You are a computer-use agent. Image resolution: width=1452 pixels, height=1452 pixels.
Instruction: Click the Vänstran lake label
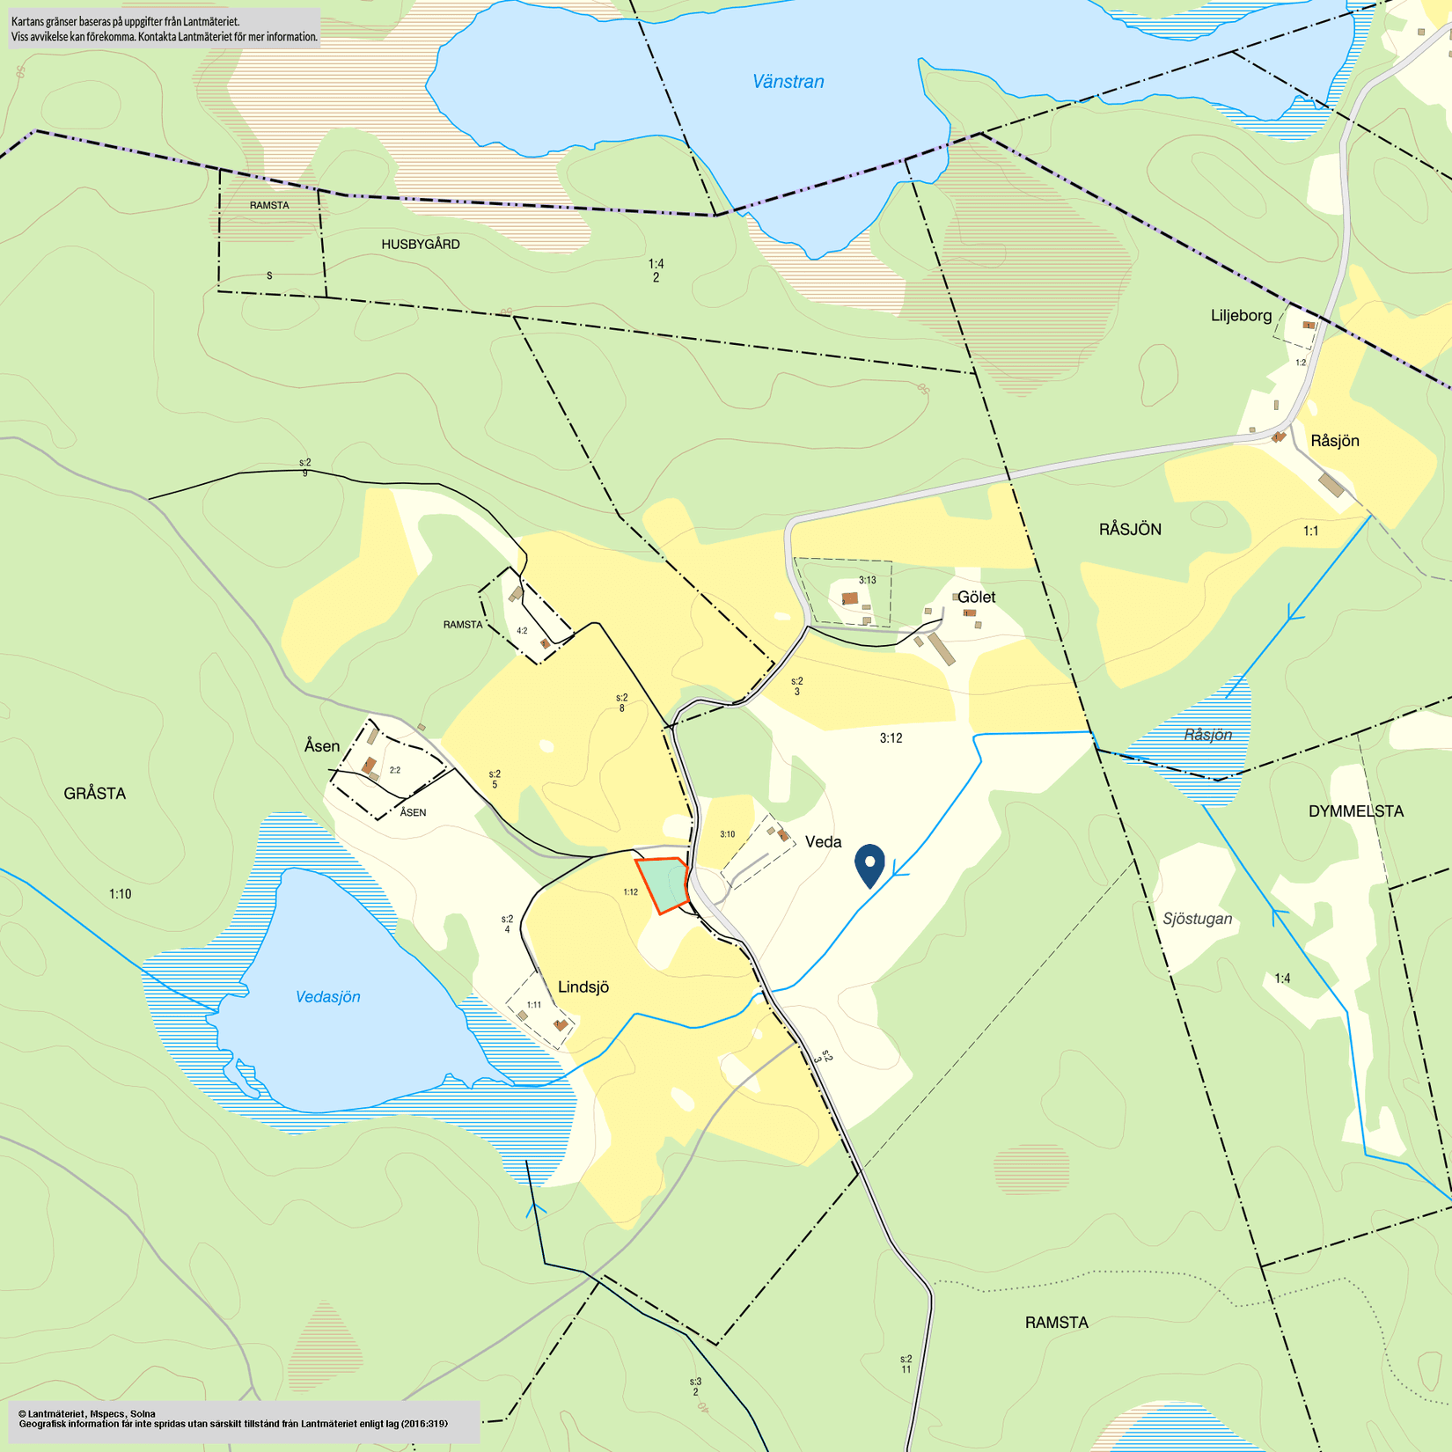tap(788, 82)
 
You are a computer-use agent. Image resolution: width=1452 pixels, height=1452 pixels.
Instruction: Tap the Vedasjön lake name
tap(327, 997)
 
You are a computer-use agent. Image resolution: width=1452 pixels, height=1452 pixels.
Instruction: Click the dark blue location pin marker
tap(869, 864)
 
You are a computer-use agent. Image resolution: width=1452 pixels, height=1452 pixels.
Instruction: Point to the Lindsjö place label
tap(583, 987)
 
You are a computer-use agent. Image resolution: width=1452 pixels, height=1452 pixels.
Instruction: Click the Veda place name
tap(823, 842)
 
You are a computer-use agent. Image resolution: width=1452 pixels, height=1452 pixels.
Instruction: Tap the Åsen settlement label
tap(322, 746)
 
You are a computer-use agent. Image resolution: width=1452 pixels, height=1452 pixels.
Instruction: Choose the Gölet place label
tap(976, 597)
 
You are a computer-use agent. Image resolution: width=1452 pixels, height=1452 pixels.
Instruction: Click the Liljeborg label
tap(1241, 315)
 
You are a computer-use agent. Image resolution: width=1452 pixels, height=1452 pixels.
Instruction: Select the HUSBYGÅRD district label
tap(421, 245)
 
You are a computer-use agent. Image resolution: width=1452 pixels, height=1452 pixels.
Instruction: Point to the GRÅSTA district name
tap(95, 794)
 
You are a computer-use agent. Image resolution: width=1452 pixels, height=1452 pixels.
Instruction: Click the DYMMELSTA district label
tap(1355, 811)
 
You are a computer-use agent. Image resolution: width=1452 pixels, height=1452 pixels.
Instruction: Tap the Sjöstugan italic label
tap(1197, 919)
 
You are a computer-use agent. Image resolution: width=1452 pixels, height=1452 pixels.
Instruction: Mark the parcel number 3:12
tap(891, 738)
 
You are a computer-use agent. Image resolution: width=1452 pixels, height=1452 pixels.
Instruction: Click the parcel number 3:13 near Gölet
tap(868, 580)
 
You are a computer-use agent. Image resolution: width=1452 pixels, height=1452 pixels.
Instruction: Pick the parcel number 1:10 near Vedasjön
tap(121, 894)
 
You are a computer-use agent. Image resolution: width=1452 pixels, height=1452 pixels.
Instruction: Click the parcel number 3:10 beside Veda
tap(727, 834)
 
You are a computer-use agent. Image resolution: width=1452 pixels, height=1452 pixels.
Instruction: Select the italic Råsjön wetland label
tap(1207, 735)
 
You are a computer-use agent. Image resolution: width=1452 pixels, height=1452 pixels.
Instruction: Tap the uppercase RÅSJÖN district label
tap(1130, 530)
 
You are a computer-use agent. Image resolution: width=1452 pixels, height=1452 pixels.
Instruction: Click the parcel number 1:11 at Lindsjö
tap(534, 1005)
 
